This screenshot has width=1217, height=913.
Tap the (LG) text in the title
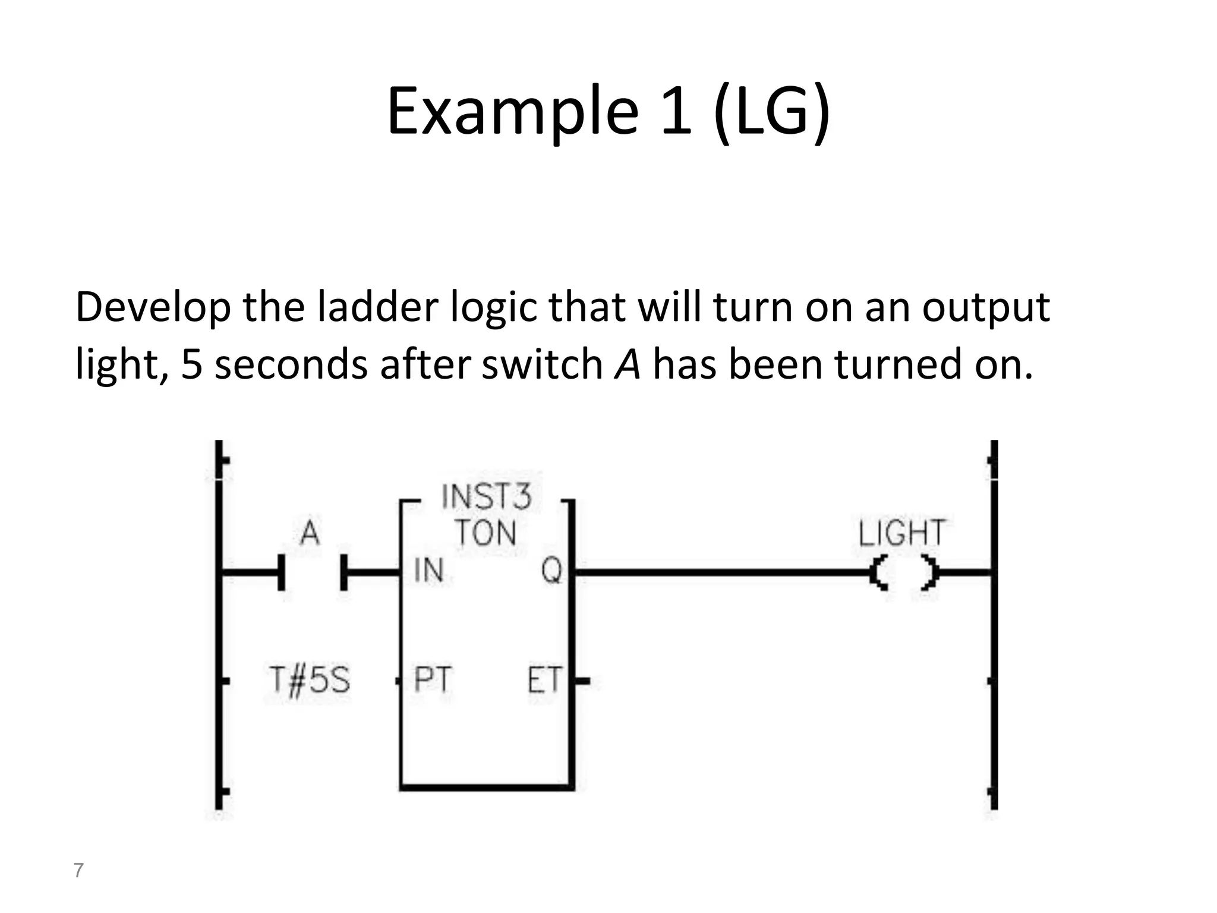[771, 112]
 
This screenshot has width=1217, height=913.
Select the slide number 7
[78, 870]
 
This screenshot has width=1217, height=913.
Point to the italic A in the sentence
[628, 364]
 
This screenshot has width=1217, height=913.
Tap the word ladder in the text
[377, 308]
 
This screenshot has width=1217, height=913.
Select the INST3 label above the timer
[486, 496]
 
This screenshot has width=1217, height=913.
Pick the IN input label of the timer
[428, 571]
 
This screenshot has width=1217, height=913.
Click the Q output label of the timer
[551, 571]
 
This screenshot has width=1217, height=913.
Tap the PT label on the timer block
[432, 679]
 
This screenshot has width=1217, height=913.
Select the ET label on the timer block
[544, 680]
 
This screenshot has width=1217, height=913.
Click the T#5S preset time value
[309, 679]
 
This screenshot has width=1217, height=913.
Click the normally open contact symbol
[313, 572]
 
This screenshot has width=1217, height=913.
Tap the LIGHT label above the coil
[901, 533]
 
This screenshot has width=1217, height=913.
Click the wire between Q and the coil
[719, 572]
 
